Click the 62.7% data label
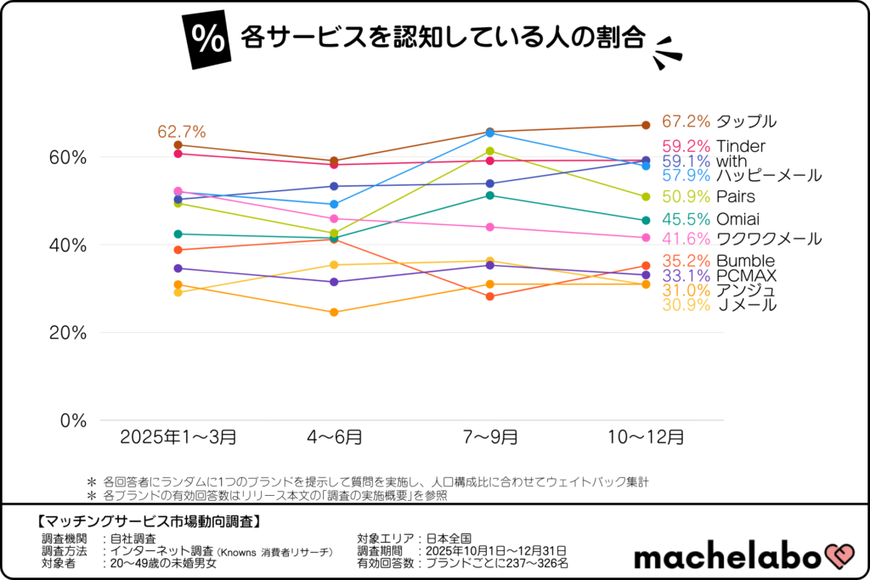point(182,132)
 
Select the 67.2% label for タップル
point(686,121)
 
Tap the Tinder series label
point(741,146)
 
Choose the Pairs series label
point(736,197)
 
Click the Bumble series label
point(745,261)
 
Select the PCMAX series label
point(746,275)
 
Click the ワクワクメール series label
point(769,239)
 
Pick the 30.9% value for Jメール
point(686,305)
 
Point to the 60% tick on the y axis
point(68,157)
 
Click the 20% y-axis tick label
point(68,333)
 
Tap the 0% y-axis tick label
point(73,420)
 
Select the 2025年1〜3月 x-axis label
point(178,438)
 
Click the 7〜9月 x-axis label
point(489,438)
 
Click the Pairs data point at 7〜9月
point(489,151)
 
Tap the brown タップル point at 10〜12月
point(645,125)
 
